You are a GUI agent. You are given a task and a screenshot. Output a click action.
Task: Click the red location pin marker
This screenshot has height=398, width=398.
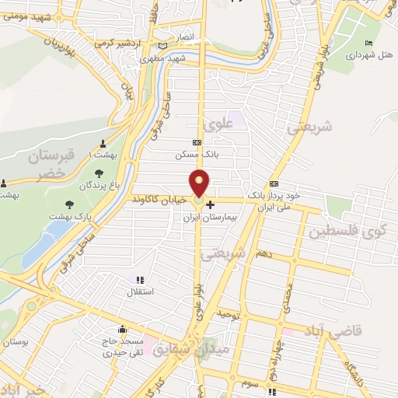201,183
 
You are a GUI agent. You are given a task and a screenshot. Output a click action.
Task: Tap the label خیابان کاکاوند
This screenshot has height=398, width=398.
159,199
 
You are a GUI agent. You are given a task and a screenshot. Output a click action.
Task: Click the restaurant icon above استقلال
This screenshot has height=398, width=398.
140,280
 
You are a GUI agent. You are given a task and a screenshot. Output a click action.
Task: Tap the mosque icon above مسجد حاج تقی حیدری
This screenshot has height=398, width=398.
123,329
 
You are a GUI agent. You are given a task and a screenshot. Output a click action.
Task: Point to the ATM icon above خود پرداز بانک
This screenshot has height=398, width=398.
273,183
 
